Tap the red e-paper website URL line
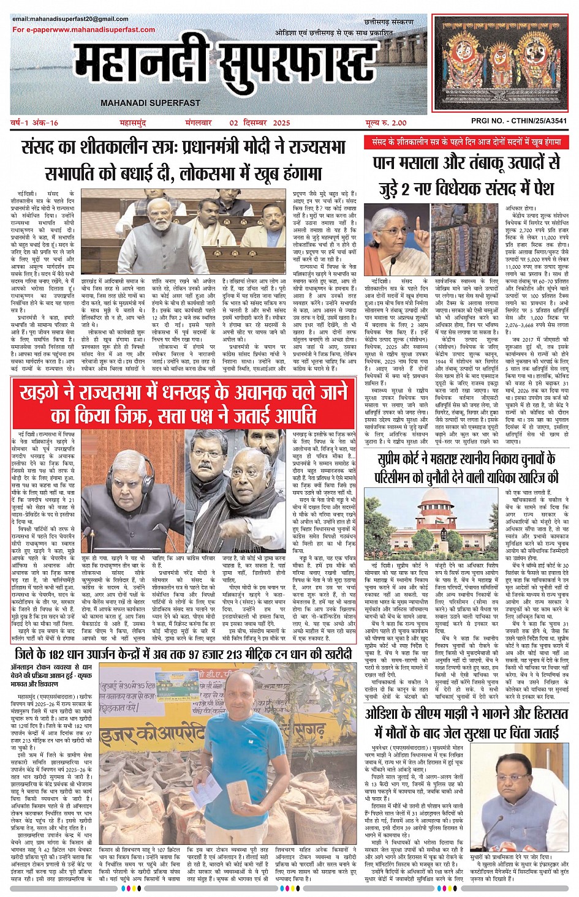coord(83,29)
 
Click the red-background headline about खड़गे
coord(183,403)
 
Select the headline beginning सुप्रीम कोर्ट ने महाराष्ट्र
coord(467,467)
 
